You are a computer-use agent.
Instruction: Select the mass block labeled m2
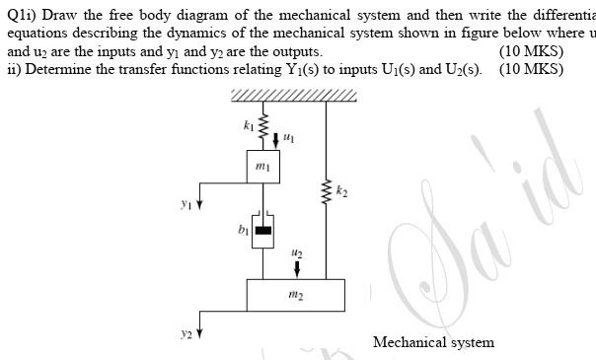296,294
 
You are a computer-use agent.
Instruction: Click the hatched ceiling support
293,95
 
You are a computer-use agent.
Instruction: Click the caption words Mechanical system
433,342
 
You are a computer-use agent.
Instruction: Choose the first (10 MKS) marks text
532,52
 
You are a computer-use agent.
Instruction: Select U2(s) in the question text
468,70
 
